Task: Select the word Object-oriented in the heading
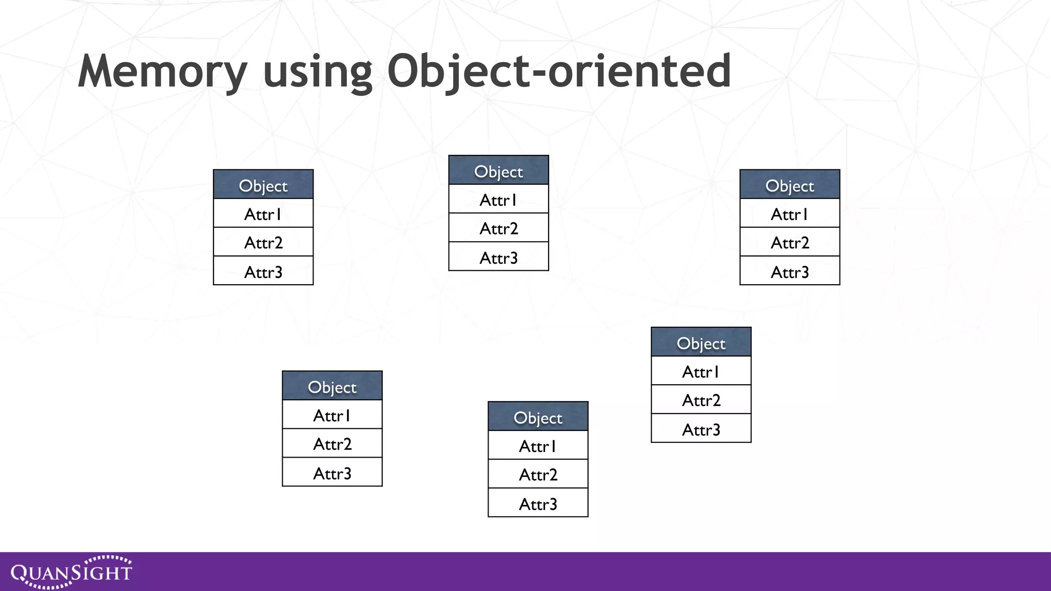(x=559, y=72)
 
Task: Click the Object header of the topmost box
(x=498, y=171)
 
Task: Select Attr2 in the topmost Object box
(x=498, y=228)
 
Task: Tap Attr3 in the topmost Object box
(x=498, y=258)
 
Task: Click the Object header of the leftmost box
(x=263, y=185)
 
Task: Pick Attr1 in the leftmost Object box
(x=263, y=214)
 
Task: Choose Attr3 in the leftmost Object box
(x=263, y=272)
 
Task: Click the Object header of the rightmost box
(x=789, y=185)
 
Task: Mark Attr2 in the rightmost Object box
(x=789, y=243)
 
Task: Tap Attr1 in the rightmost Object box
(x=789, y=214)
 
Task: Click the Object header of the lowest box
(x=537, y=417)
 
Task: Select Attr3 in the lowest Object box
(x=537, y=504)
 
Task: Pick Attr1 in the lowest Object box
(x=537, y=446)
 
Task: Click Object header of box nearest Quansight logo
(x=332, y=386)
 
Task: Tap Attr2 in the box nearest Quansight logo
(x=332, y=444)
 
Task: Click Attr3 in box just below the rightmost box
(x=700, y=429)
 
